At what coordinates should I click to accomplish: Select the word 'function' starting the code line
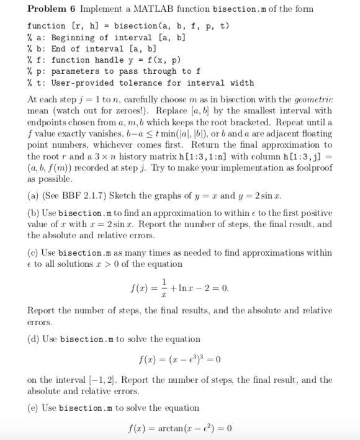[x=46, y=25]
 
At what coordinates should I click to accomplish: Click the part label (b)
[x=35, y=213]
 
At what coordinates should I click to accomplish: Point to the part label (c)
[x=34, y=252]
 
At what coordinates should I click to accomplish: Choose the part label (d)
[x=35, y=339]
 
